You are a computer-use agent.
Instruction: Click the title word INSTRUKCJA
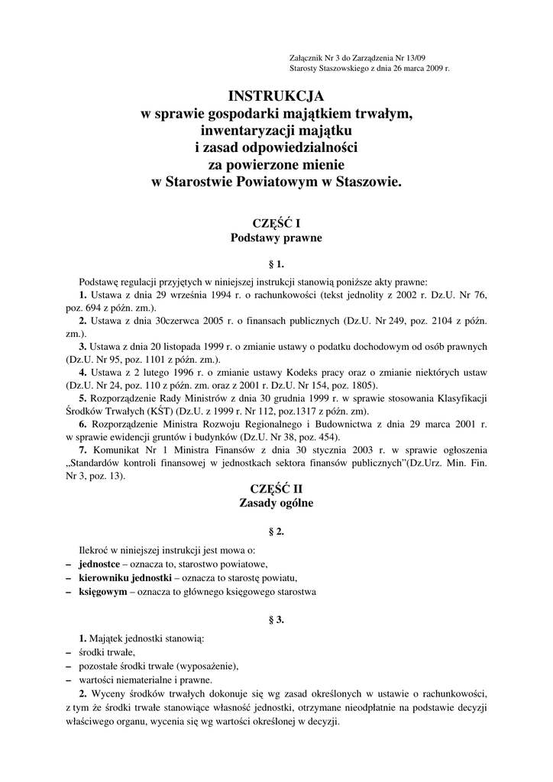[276, 96]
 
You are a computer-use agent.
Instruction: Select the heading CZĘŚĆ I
[276, 223]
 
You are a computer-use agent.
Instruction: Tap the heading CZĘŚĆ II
[276, 489]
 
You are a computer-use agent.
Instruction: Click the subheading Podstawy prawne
[276, 238]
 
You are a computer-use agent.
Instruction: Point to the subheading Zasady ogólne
[276, 503]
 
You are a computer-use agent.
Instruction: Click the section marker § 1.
[276, 265]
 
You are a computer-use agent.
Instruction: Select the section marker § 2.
[276, 532]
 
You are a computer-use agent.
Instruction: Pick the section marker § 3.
[276, 619]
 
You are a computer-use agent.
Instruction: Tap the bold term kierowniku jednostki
[125, 577]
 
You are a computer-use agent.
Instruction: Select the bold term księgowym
[103, 591]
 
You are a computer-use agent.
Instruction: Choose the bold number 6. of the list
[84, 424]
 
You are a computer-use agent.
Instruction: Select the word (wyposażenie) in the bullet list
[207, 666]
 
